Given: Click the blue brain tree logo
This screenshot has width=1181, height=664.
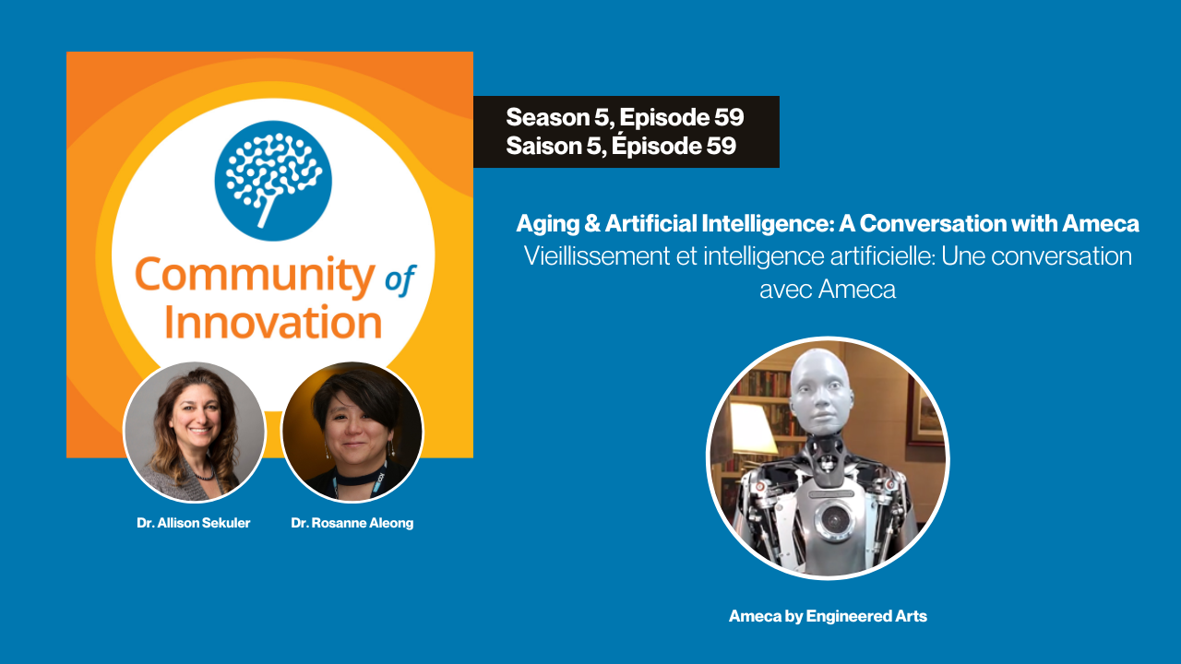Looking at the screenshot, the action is [x=273, y=181].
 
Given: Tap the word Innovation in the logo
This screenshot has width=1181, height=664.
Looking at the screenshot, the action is [x=273, y=322].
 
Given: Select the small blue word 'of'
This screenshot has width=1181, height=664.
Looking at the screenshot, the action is [x=400, y=279].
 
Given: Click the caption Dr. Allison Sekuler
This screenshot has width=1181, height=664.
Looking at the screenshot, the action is [x=194, y=523].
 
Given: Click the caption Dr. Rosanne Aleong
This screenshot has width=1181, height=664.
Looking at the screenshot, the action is [x=352, y=523].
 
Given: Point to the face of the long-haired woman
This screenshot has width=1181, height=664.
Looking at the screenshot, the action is [x=197, y=416].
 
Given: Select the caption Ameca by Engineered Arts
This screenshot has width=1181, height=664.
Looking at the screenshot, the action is [x=828, y=616].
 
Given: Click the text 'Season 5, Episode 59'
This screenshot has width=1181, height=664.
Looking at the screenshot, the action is [x=625, y=117].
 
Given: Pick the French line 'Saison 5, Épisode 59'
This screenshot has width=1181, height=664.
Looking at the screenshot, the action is [x=621, y=146].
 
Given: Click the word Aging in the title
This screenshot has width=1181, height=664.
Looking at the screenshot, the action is [x=548, y=224].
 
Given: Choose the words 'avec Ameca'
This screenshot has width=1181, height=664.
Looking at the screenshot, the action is [x=828, y=290].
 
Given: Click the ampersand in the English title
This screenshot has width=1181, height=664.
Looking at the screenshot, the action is [x=592, y=223].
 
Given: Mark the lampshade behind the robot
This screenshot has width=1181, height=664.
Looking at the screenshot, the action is [x=752, y=429].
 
